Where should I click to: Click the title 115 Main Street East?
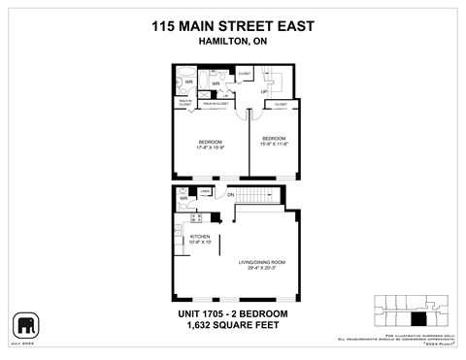coord(233,27)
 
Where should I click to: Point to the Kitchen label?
coord(200,239)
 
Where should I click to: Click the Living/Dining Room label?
coord(259,263)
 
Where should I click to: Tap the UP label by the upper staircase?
coord(264,91)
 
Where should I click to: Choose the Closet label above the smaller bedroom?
coord(280,104)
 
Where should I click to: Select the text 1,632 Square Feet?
coord(233,328)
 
